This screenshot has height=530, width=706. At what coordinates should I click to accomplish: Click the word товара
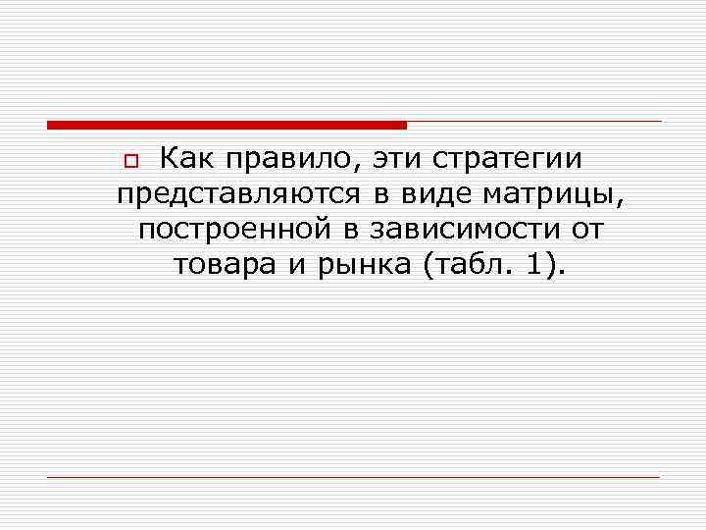pos(225,266)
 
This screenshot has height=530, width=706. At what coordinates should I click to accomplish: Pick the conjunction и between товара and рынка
pos(297,266)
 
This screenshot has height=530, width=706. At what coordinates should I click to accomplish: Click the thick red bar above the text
pos(226,125)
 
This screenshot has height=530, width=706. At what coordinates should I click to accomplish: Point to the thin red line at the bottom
pos(353,477)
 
